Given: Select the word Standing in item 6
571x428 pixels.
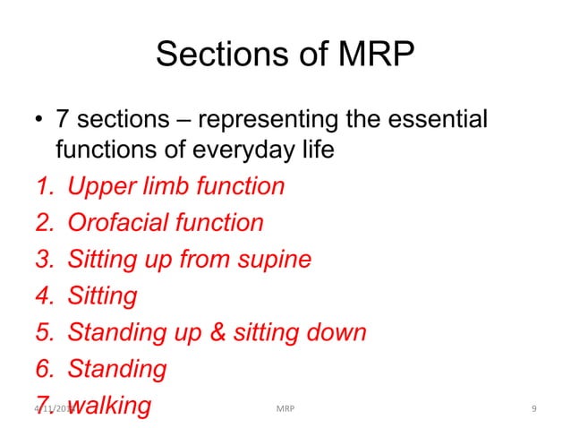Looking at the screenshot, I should [x=117, y=369].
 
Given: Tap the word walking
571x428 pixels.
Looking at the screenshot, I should [x=109, y=406].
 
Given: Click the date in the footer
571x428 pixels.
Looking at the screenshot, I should [x=52, y=409].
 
